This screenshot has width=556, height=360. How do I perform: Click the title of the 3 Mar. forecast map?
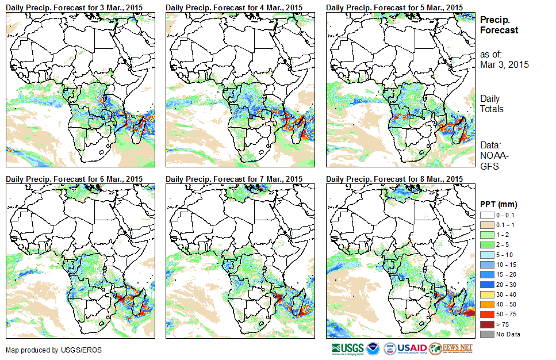coord(74,7)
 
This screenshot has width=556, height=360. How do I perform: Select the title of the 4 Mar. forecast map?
coord(234,7)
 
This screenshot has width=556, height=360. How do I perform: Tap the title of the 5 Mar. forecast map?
coord(394,7)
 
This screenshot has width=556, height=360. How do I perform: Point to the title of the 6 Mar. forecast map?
coord(74,179)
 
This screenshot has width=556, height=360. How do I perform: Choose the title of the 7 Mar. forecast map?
coord(234,179)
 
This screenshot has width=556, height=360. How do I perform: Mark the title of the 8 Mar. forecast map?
coord(394,179)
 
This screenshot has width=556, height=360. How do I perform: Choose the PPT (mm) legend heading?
coord(499,204)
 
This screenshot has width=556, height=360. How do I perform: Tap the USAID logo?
coord(412,348)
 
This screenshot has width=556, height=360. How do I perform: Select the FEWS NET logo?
coord(451,348)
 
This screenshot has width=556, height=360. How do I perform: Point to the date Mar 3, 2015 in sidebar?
coord(504,64)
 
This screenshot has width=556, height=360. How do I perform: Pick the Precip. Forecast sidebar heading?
coord(499,25)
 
